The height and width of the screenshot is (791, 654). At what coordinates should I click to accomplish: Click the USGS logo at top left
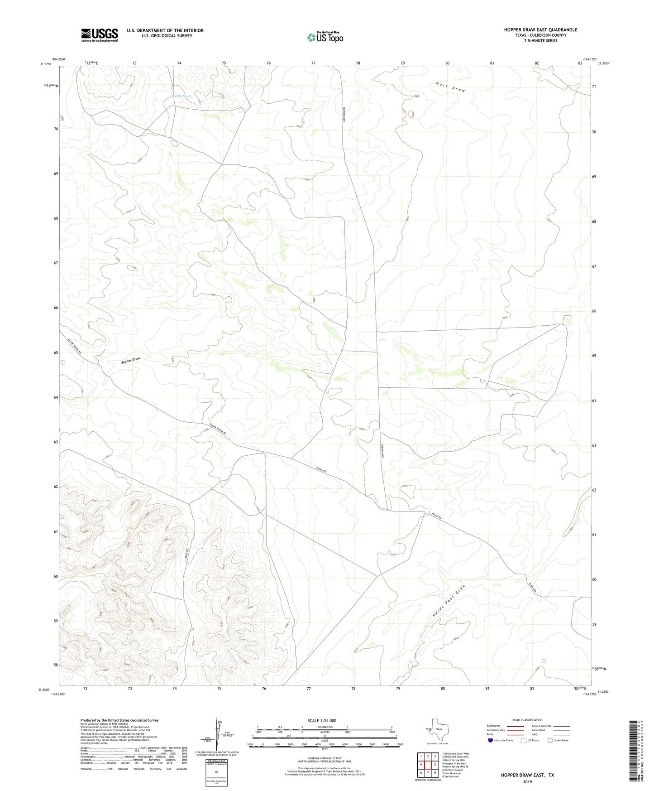point(100,35)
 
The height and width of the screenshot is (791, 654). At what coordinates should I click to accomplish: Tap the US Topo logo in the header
point(325,37)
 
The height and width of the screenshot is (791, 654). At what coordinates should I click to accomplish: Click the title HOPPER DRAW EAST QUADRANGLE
point(540,30)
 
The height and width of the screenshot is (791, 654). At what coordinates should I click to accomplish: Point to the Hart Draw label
point(450,87)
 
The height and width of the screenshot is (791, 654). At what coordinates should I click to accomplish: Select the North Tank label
point(181,96)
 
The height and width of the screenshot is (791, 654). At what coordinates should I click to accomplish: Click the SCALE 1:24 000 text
point(322,721)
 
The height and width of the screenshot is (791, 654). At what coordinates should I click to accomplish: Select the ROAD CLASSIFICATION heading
point(527,720)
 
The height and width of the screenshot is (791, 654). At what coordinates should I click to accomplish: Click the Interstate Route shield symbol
point(491,740)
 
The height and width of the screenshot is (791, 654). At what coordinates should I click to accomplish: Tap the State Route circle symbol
point(550,740)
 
